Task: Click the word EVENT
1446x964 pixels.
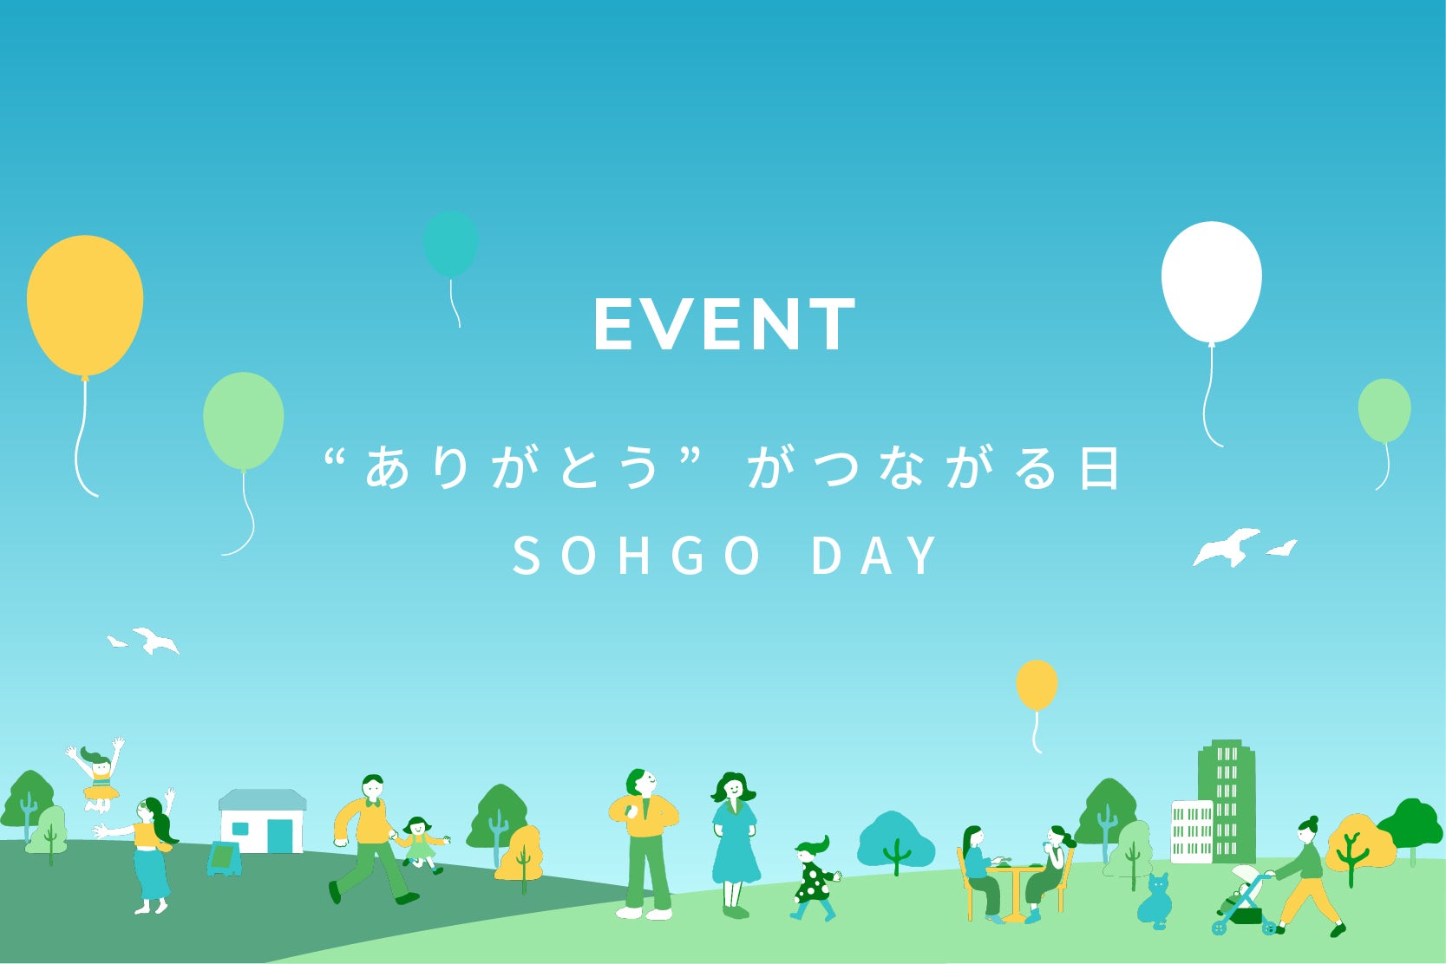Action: (x=724, y=324)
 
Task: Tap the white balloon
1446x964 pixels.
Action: (x=1211, y=282)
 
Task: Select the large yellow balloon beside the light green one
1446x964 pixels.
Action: (x=84, y=305)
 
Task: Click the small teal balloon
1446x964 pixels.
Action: (x=450, y=244)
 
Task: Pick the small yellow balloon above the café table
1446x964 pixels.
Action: (x=1037, y=685)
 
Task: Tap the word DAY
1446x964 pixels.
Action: (x=874, y=555)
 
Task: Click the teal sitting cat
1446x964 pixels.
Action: (x=1155, y=902)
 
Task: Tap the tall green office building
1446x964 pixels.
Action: (x=1227, y=800)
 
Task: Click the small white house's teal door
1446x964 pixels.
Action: (x=280, y=836)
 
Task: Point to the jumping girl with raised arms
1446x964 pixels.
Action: (x=98, y=774)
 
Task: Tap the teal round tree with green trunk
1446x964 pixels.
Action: (x=894, y=840)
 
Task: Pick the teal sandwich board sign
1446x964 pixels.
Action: (x=224, y=859)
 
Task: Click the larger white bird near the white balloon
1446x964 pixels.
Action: (x=1227, y=547)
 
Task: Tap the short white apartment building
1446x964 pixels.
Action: (x=1192, y=831)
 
